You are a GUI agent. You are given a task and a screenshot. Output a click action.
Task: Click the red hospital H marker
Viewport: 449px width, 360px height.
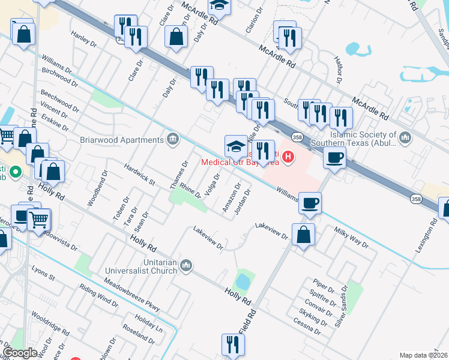click(289, 158)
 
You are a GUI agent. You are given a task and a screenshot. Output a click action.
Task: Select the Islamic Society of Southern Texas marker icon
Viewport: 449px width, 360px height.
click(405, 139)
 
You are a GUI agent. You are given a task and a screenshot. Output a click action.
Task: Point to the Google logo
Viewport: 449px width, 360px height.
click(20, 353)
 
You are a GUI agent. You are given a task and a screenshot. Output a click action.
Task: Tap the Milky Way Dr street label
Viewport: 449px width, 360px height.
click(351, 237)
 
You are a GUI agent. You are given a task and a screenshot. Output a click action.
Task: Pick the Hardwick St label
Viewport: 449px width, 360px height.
click(140, 173)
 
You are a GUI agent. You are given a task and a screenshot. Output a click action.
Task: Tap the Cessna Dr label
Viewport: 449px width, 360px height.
click(306, 326)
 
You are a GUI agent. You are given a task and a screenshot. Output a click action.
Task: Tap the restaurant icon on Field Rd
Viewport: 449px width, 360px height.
click(232, 344)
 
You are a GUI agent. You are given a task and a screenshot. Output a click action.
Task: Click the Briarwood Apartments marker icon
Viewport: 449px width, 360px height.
click(173, 140)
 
